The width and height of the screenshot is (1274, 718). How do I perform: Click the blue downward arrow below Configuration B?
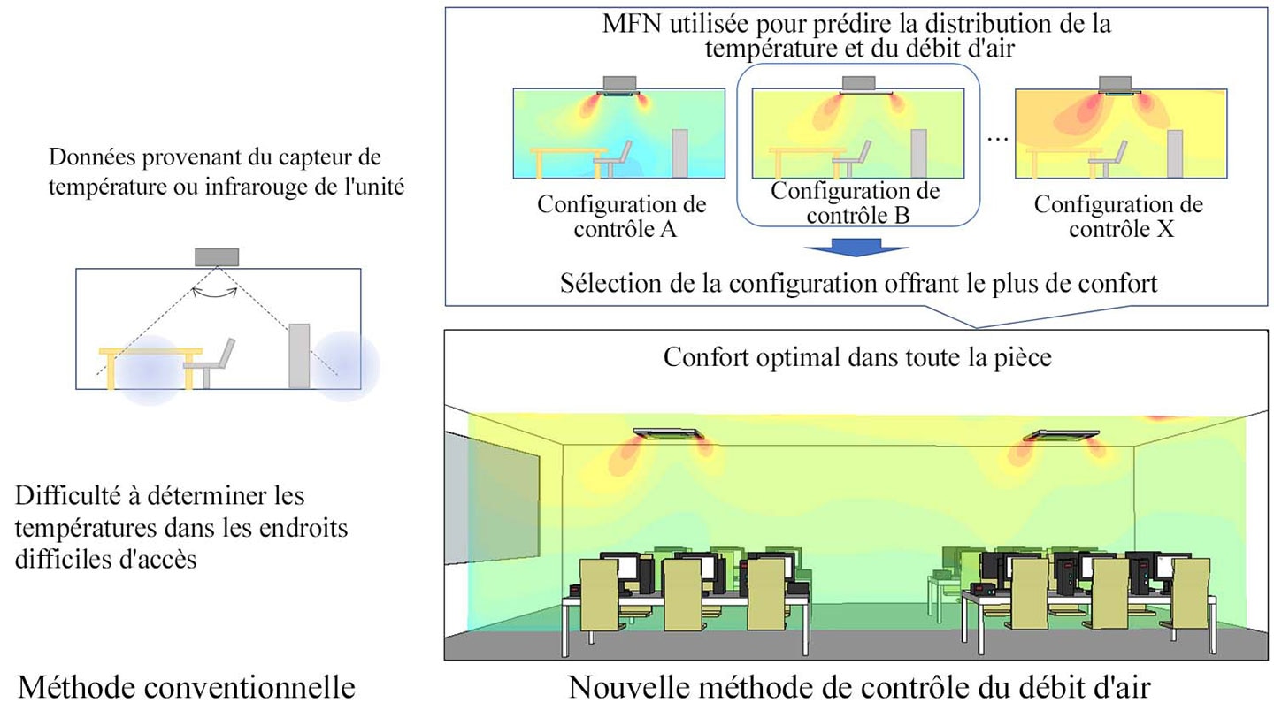856,248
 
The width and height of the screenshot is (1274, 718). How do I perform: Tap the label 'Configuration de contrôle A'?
622,217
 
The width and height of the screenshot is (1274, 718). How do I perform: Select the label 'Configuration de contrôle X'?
1118,217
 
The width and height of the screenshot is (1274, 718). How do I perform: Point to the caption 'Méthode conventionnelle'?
187,687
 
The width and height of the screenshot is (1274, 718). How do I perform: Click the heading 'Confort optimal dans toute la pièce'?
857,357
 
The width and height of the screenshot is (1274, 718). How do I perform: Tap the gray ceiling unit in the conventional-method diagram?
217,257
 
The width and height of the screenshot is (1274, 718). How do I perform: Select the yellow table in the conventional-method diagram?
150,367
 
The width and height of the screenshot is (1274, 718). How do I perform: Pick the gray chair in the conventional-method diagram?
210,363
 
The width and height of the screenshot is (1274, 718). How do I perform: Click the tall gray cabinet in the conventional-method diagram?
299,356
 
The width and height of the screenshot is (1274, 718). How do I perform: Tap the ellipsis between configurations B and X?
998,139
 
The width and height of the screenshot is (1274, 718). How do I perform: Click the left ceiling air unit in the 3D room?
669,434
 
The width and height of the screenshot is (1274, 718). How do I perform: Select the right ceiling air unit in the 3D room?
1062,435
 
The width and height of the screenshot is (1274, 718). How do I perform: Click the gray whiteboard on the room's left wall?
491,498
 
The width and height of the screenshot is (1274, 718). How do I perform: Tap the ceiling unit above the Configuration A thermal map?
619,86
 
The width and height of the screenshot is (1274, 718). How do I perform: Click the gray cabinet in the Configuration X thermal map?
1175,154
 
